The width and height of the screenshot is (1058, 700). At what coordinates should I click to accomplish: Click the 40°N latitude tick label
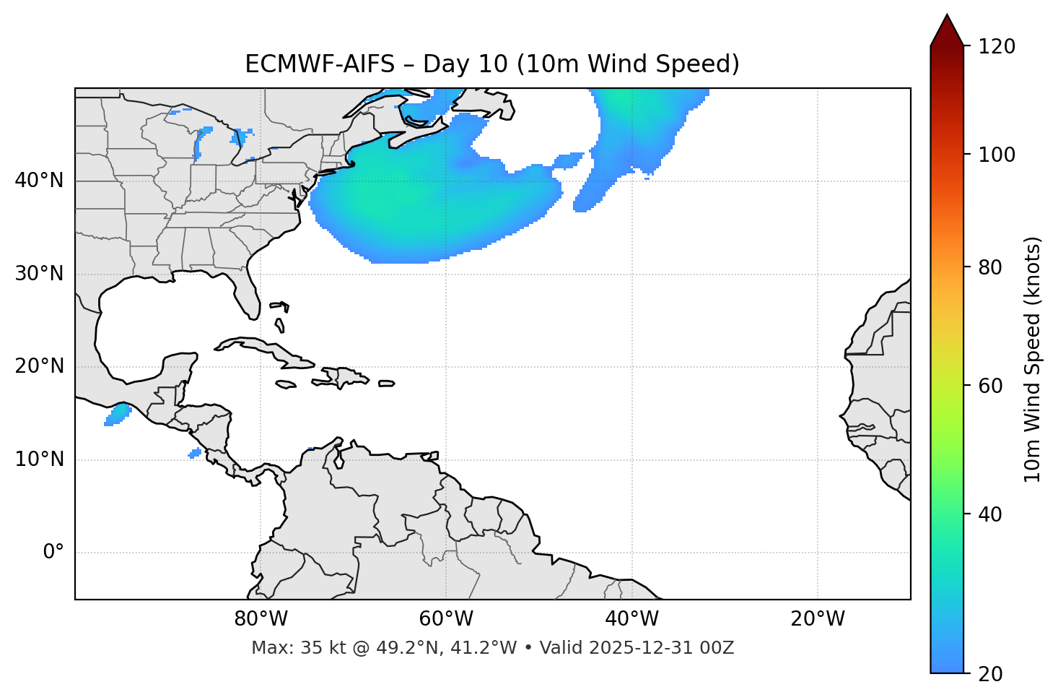(x=39, y=181)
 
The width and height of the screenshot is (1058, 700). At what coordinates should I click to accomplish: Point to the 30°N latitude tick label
(x=39, y=274)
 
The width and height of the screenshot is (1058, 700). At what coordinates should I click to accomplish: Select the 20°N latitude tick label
(x=39, y=366)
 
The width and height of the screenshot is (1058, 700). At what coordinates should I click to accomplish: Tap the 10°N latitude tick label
(x=39, y=459)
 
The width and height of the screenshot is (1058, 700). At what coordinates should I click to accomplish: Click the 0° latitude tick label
(x=53, y=553)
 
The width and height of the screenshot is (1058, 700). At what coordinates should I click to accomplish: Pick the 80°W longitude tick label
(x=261, y=619)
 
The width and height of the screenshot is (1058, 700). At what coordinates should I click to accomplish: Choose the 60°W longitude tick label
(x=446, y=619)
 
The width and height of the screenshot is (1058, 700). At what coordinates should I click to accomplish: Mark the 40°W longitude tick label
(x=631, y=619)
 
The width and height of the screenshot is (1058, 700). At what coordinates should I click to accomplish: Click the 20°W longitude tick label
(x=818, y=619)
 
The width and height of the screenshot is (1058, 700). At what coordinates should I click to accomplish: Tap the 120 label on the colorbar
(x=996, y=47)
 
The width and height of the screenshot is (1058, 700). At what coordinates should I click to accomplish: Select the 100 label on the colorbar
(x=996, y=155)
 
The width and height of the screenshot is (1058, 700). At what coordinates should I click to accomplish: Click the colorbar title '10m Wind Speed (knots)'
(x=1033, y=359)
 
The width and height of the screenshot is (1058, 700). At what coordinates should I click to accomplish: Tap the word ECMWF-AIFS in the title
(x=320, y=64)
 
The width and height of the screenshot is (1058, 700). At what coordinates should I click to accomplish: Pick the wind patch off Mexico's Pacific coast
(x=118, y=415)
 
